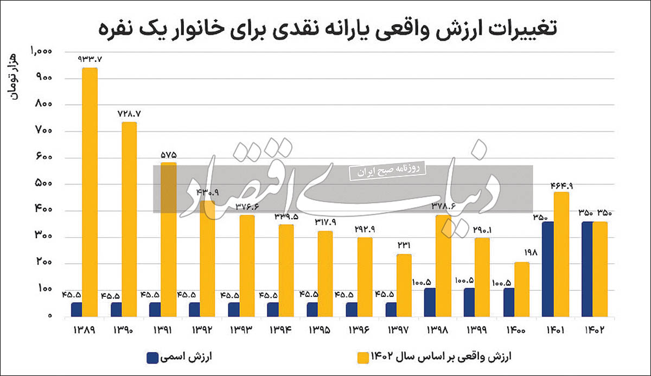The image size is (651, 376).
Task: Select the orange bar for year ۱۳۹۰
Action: point(129,219)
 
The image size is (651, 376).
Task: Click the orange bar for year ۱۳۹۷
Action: point(404,285)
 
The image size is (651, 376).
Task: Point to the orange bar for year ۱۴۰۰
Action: point(521,289)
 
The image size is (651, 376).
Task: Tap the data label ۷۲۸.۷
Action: point(129,113)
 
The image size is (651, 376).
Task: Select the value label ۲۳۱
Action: point(404,245)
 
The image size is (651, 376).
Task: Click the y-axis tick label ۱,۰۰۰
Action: point(41,52)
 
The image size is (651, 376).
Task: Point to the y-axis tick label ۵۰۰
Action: point(42,184)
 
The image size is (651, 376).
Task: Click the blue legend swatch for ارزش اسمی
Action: point(152,357)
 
